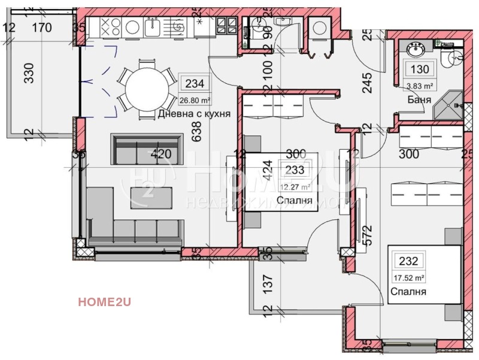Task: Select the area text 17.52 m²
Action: [408, 278]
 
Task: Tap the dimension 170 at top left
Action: [41, 27]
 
